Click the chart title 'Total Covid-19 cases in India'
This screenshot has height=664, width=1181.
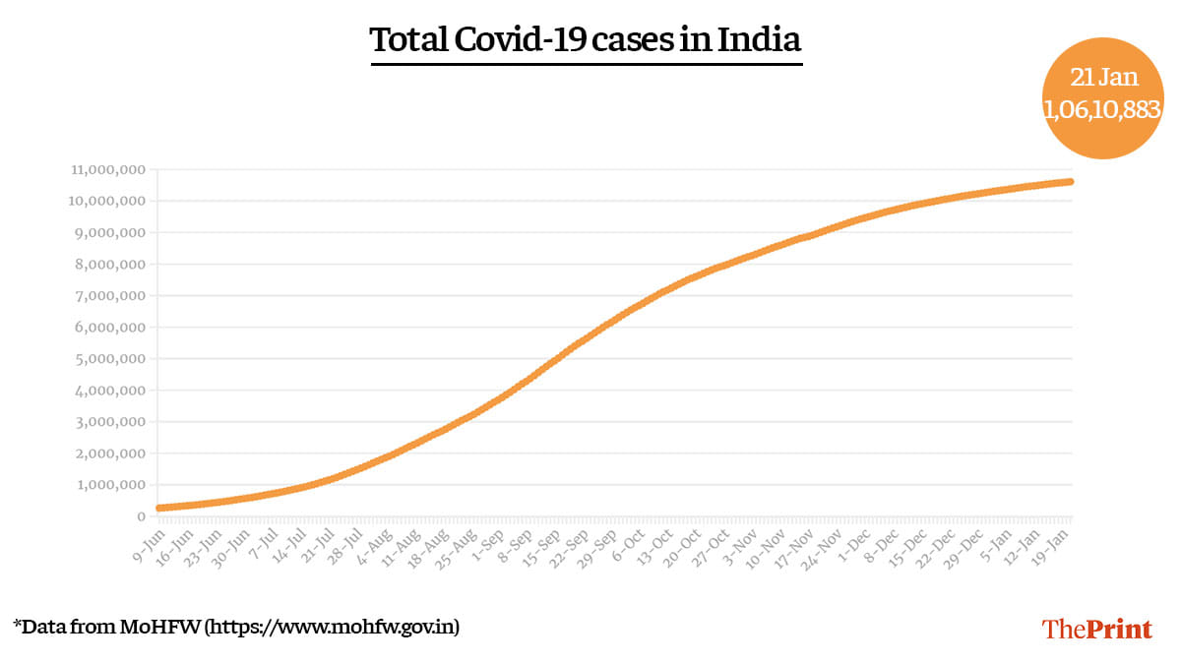(586, 41)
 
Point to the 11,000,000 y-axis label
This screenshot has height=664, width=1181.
(108, 170)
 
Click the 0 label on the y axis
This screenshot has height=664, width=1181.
(142, 516)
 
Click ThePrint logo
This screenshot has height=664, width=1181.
(1096, 629)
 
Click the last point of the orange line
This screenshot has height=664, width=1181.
(1070, 182)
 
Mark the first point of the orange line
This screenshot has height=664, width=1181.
(159, 508)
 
